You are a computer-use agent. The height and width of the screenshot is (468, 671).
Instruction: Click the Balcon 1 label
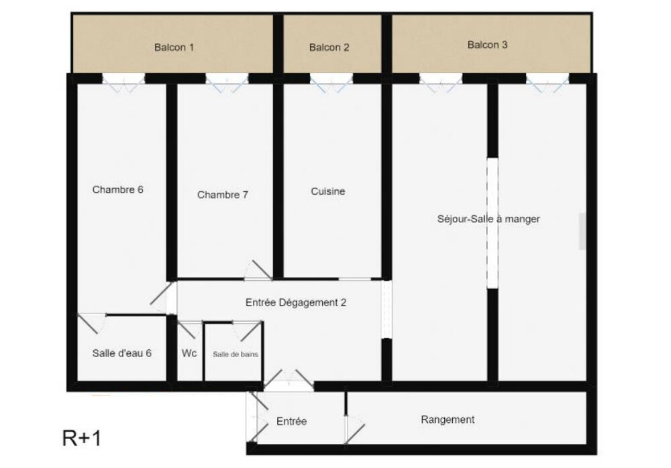(174, 48)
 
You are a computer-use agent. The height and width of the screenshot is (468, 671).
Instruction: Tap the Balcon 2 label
(329, 48)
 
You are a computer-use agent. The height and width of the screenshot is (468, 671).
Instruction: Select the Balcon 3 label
(487, 45)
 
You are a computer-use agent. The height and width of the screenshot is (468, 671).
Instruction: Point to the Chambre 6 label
(118, 189)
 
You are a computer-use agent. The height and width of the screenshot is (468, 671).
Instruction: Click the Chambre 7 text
(223, 195)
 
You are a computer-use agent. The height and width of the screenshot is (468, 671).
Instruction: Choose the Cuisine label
(328, 191)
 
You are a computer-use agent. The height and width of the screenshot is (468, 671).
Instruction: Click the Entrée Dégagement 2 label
(296, 303)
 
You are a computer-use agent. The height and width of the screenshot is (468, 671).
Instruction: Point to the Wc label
(189, 353)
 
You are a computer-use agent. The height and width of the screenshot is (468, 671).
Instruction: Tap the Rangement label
(448, 420)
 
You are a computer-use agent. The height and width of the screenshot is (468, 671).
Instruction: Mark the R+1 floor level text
(81, 439)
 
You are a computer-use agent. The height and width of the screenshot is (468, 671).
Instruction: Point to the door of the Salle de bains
(248, 329)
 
